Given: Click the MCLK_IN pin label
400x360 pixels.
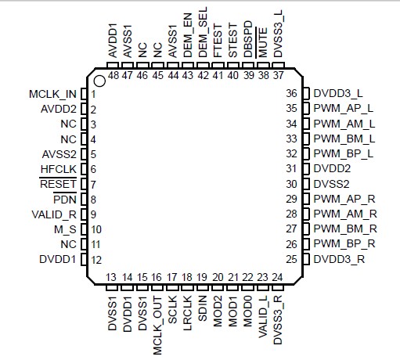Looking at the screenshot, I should [53, 95].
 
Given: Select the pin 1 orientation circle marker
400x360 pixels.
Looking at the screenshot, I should [99, 79].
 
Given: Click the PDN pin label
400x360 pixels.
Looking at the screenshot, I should [64, 200].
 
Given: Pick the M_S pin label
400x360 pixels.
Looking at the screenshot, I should [64, 229].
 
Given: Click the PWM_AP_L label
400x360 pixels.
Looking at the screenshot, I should [344, 109].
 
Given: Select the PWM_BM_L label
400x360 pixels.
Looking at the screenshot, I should [344, 139].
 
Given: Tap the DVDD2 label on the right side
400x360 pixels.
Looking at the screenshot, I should [333, 168].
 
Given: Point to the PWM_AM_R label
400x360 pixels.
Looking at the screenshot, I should [345, 213].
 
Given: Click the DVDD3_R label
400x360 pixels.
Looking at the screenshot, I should [339, 258].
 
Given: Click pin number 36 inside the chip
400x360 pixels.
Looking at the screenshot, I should [291, 94].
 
